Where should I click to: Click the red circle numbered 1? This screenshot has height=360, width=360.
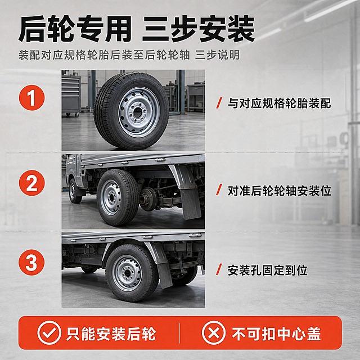[x=31, y=98]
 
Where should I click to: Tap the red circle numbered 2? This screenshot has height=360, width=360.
[x=31, y=183]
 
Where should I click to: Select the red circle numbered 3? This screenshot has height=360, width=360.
[x=31, y=263]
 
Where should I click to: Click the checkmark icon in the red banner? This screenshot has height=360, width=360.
[x=49, y=333]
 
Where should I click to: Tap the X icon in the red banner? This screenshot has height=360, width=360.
[x=214, y=333]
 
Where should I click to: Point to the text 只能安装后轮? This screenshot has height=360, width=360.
[x=111, y=334]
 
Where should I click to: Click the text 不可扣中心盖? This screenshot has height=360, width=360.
[x=276, y=334]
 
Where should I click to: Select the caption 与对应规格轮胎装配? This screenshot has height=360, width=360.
[x=279, y=103]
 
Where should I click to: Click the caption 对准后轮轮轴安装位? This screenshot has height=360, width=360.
[x=279, y=191]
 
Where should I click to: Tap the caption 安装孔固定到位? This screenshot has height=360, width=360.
[x=268, y=270]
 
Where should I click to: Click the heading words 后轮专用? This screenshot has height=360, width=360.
[x=75, y=29]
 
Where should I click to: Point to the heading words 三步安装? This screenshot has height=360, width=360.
[x=199, y=29]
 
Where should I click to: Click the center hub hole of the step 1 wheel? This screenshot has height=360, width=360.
[x=138, y=112]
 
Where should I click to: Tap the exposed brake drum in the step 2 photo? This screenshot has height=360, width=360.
[x=148, y=199]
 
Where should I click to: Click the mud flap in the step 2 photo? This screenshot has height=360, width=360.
[x=190, y=202]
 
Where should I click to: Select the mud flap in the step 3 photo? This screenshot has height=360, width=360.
[x=164, y=275]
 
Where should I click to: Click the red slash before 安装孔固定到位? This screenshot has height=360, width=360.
[x=219, y=270]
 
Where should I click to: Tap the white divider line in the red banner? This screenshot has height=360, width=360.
[x=179, y=333]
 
